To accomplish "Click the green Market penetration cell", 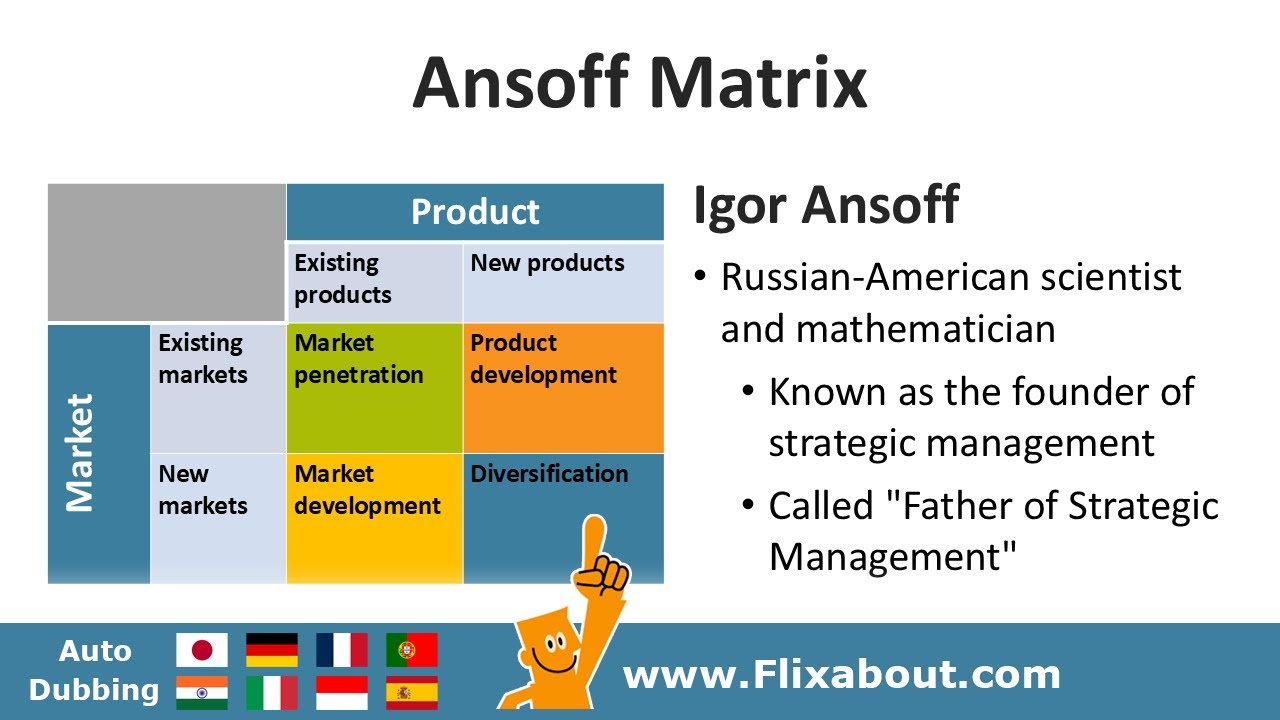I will point(374,388).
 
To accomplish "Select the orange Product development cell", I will point(563,388).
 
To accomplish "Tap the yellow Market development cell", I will point(374,518).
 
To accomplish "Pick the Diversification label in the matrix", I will point(549,474).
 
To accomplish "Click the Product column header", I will point(475,212).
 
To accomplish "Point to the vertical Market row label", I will point(80,453).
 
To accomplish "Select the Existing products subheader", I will point(343,279).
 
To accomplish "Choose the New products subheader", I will point(547,264).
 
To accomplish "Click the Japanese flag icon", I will point(202,650).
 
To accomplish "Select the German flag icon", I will point(272,650).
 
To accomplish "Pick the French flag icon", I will point(342,650).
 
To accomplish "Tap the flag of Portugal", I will point(412,650).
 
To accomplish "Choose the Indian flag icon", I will point(202,692).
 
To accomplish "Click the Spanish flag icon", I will point(412,692).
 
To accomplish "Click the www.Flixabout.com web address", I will point(841,675).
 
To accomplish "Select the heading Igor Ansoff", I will point(826,205).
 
